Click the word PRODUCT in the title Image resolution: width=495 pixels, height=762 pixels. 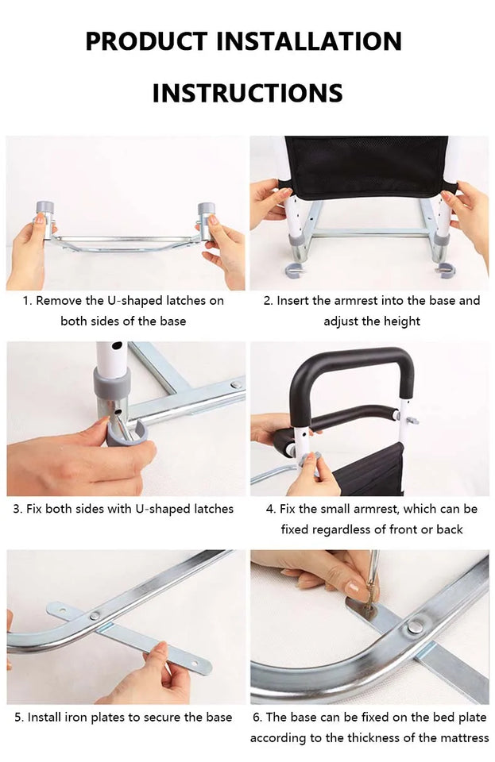pos(146,41)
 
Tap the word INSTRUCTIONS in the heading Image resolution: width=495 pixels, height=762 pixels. pos(248,93)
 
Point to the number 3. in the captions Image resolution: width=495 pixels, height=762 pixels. pos(17,510)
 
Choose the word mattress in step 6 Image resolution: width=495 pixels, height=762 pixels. pos(466,738)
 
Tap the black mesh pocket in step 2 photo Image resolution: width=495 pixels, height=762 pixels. pos(366,167)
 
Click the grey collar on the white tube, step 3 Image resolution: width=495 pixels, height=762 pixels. pos(112,384)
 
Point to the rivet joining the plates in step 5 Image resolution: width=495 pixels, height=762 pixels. pos(95,616)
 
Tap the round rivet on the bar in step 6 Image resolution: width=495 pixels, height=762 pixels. pos(414,627)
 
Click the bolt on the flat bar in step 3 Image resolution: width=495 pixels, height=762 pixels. pos(236,385)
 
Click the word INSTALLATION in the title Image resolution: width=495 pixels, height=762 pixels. pos(309,41)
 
